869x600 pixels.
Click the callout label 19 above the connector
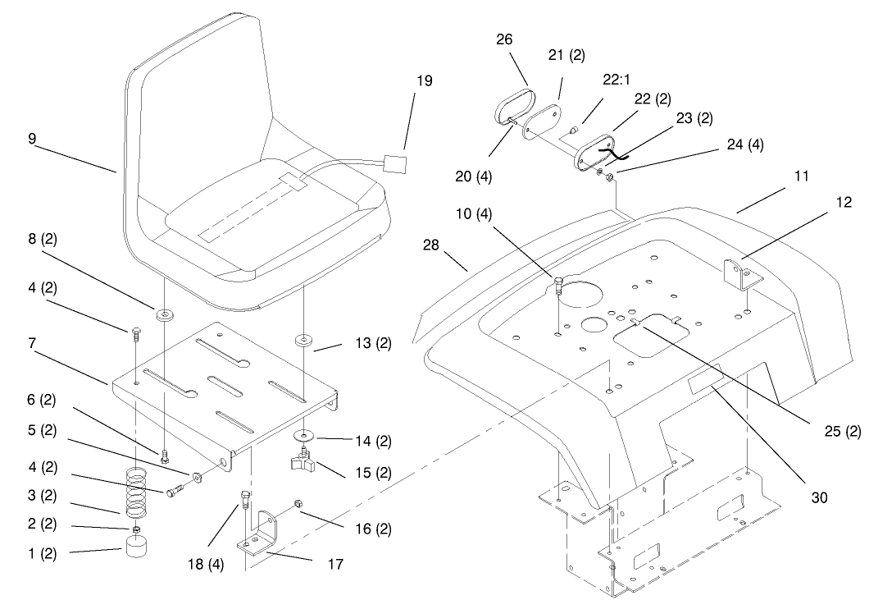424,81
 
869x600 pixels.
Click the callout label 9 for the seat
31,139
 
